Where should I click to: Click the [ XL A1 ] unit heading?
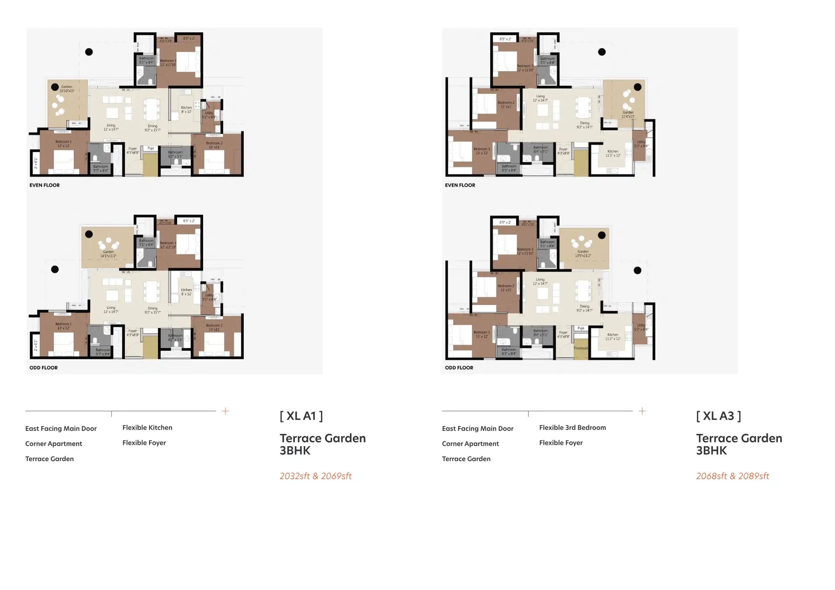tap(301, 416)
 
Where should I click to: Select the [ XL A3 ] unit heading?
tap(718, 416)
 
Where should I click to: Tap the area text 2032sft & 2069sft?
tap(315, 476)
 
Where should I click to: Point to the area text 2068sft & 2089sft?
tap(733, 476)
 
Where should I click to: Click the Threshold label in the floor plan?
tap(580, 348)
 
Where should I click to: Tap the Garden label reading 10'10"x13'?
tap(67, 89)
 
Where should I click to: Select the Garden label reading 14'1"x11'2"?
tap(108, 254)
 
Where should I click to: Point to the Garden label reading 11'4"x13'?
tap(628, 115)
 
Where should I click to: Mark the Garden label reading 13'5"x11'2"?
tap(583, 253)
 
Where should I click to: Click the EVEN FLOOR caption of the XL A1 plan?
tap(45, 185)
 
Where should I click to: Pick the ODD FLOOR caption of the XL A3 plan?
tap(459, 367)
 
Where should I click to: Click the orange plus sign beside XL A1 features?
tap(225, 411)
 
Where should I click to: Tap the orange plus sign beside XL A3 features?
tap(642, 411)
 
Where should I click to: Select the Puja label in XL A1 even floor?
tap(150, 148)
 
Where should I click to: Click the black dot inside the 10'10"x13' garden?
tap(55, 87)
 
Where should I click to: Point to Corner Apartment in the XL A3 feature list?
tap(470, 443)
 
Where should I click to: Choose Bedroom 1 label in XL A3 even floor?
tap(482, 151)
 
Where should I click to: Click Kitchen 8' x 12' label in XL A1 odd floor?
tap(186, 292)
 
